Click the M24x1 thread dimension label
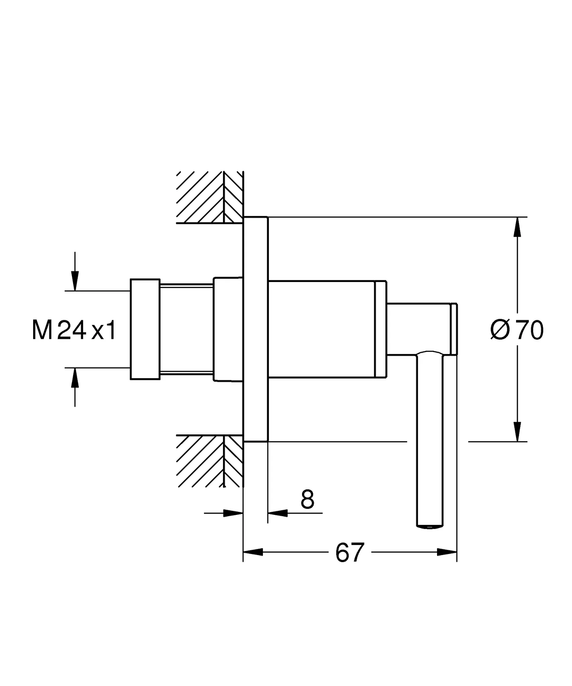[74, 330]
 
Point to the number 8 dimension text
[307, 499]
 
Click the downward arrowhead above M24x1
[75, 280]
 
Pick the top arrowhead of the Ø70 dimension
[517, 227]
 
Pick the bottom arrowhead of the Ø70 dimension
[517, 432]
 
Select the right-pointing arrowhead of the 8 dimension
[233, 513]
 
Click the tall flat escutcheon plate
[256, 329]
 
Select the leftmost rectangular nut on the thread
[145, 329]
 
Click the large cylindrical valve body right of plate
[327, 329]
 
